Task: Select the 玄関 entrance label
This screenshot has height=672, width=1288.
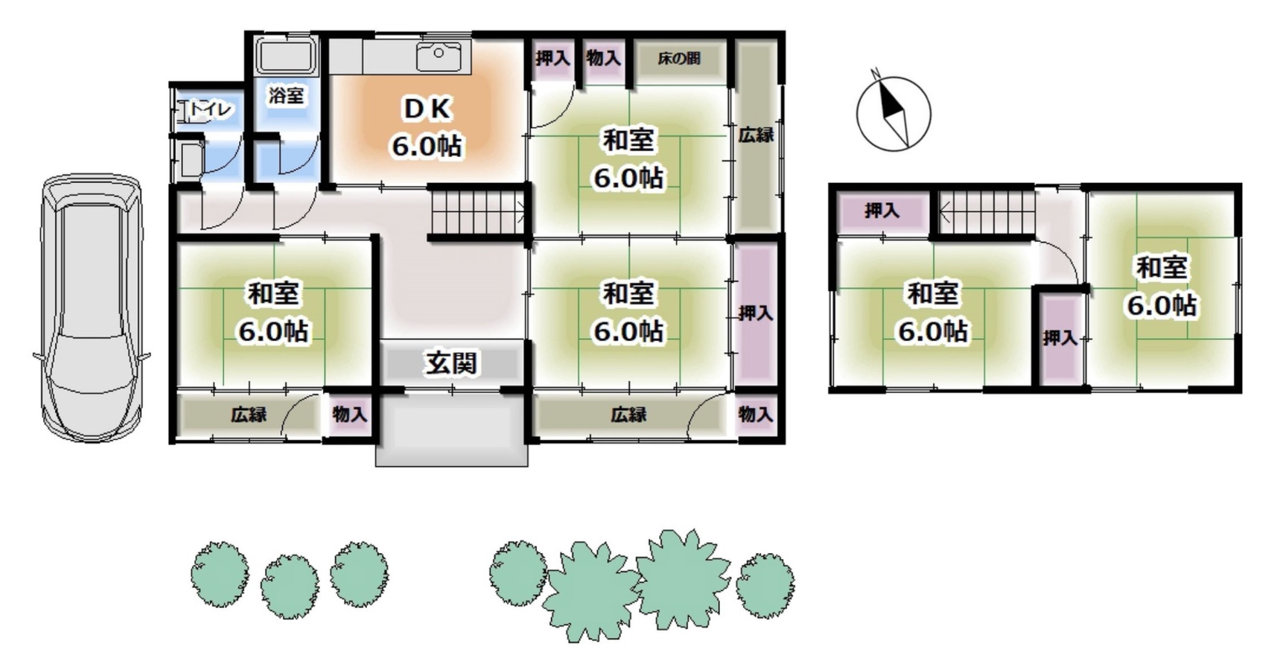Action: pyautogui.click(x=451, y=363)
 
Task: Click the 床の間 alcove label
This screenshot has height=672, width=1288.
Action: pyautogui.click(x=678, y=59)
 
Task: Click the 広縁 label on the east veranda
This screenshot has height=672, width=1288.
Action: pyautogui.click(x=756, y=135)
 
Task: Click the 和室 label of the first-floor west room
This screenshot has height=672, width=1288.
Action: pyautogui.click(x=273, y=294)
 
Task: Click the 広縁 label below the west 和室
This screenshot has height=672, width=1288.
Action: pyautogui.click(x=249, y=415)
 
